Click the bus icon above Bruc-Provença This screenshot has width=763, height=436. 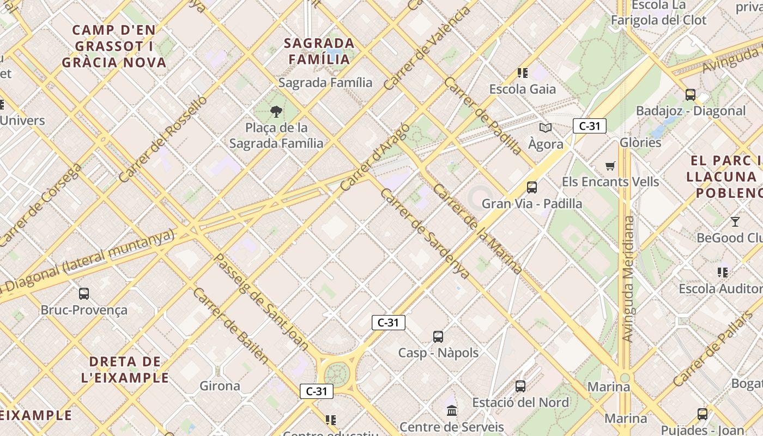tap(84, 294)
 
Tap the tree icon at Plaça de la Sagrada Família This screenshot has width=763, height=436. tap(276, 112)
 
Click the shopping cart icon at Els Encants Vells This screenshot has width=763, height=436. tap(610, 166)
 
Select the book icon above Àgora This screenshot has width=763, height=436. tap(546, 128)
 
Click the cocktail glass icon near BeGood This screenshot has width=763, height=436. tap(735, 221)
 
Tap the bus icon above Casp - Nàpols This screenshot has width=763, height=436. tap(438, 336)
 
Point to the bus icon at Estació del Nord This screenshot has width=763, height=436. tap(520, 386)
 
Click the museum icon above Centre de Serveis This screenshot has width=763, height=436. tap(452, 410)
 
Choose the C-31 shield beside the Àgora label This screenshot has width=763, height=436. tap(589, 126)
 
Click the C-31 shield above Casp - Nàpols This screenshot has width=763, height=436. tap(388, 322)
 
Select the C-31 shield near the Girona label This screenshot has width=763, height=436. tap(317, 391)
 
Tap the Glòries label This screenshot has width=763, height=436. tap(640, 143)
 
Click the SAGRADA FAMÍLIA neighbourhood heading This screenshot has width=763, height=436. tap(319, 51)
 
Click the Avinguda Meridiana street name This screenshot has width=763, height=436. tap(628, 279)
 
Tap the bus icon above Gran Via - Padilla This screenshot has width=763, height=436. tap(532, 187)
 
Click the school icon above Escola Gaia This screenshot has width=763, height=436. tap(523, 72)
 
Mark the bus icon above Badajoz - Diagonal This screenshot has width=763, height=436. tap(691, 95)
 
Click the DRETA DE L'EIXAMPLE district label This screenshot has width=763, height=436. tap(125, 370)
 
